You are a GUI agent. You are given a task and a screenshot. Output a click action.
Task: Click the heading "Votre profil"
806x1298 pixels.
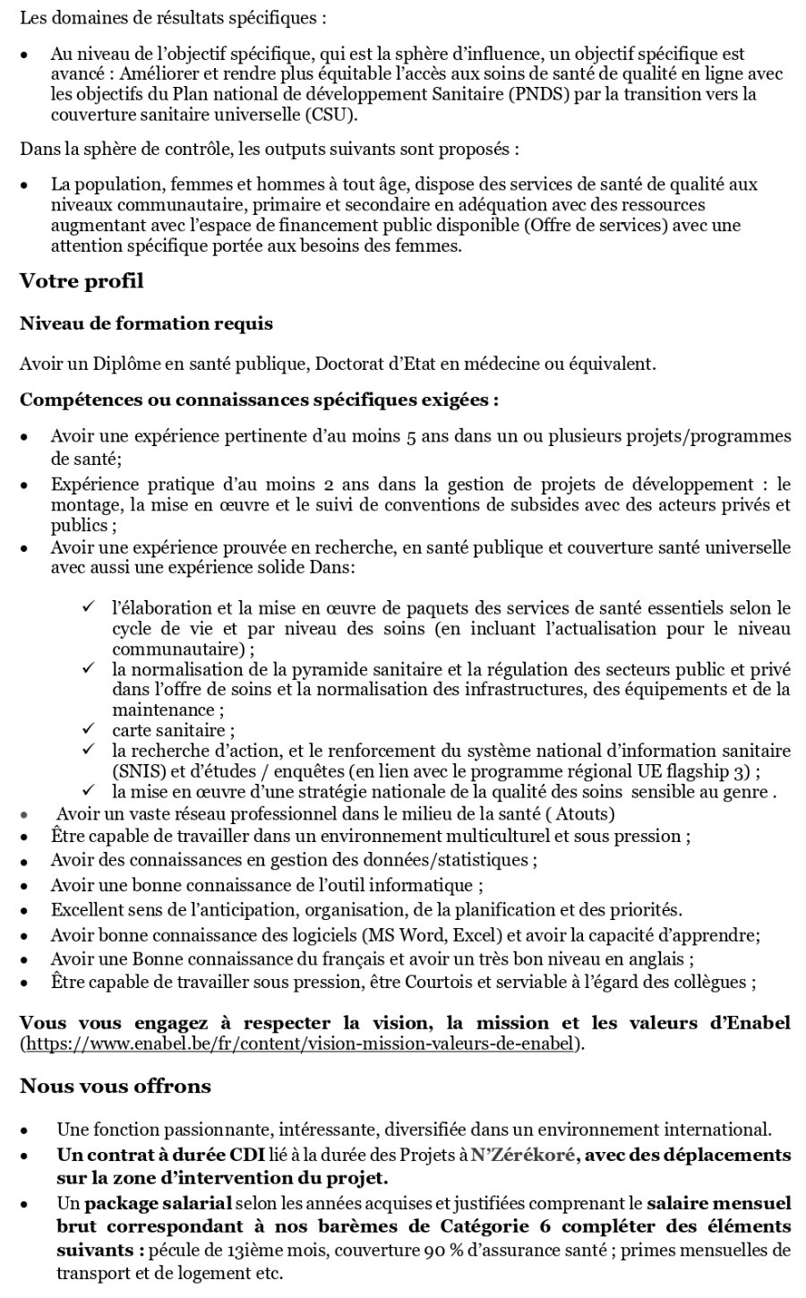tap(81, 281)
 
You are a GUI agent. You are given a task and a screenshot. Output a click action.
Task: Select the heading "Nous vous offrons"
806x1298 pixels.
tap(116, 1086)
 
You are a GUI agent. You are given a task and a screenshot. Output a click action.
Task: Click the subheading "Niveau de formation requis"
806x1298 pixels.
tap(146, 323)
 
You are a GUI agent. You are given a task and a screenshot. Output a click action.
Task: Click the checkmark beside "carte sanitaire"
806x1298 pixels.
tap(89, 729)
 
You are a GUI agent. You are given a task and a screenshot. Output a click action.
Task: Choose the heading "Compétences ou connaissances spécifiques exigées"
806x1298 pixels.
tap(255, 400)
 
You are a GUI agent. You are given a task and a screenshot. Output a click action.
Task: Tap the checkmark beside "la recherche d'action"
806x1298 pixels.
tap(89, 749)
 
